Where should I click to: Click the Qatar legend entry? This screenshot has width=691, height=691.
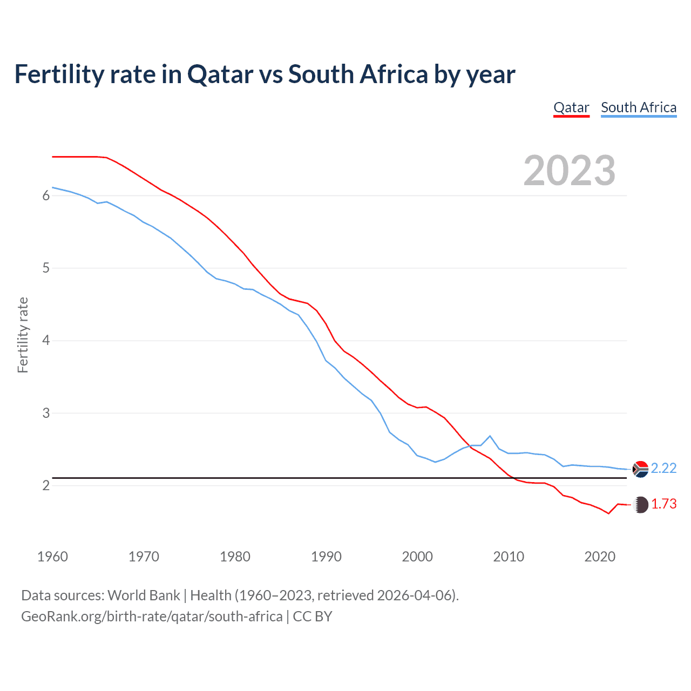coord(571,107)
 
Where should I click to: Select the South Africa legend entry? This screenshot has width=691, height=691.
coord(639,107)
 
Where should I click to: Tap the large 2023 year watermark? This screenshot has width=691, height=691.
coord(570,171)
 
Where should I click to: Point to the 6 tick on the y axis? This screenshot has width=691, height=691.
coord(46,195)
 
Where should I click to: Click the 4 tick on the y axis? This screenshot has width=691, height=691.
coord(46,341)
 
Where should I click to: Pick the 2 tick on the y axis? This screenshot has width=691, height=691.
coord(46,485)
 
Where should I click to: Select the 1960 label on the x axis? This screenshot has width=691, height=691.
coord(52,557)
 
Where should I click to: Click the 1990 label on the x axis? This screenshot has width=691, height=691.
coord(326,557)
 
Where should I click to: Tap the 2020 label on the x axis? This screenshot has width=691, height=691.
coord(600,557)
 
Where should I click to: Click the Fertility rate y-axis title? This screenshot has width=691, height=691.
coord(23,335)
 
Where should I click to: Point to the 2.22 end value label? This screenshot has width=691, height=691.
coord(663,468)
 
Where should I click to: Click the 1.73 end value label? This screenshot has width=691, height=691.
coord(663,504)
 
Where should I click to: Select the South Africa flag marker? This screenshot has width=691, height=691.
coord(640,469)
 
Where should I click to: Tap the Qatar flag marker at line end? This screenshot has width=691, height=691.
coord(640,505)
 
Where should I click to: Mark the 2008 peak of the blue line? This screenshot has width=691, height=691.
coord(490,436)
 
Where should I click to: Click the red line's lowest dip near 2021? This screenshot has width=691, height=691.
coord(608,513)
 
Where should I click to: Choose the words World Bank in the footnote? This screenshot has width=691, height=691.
coord(144,595)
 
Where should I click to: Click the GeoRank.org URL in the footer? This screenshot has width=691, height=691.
coord(152,617)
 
